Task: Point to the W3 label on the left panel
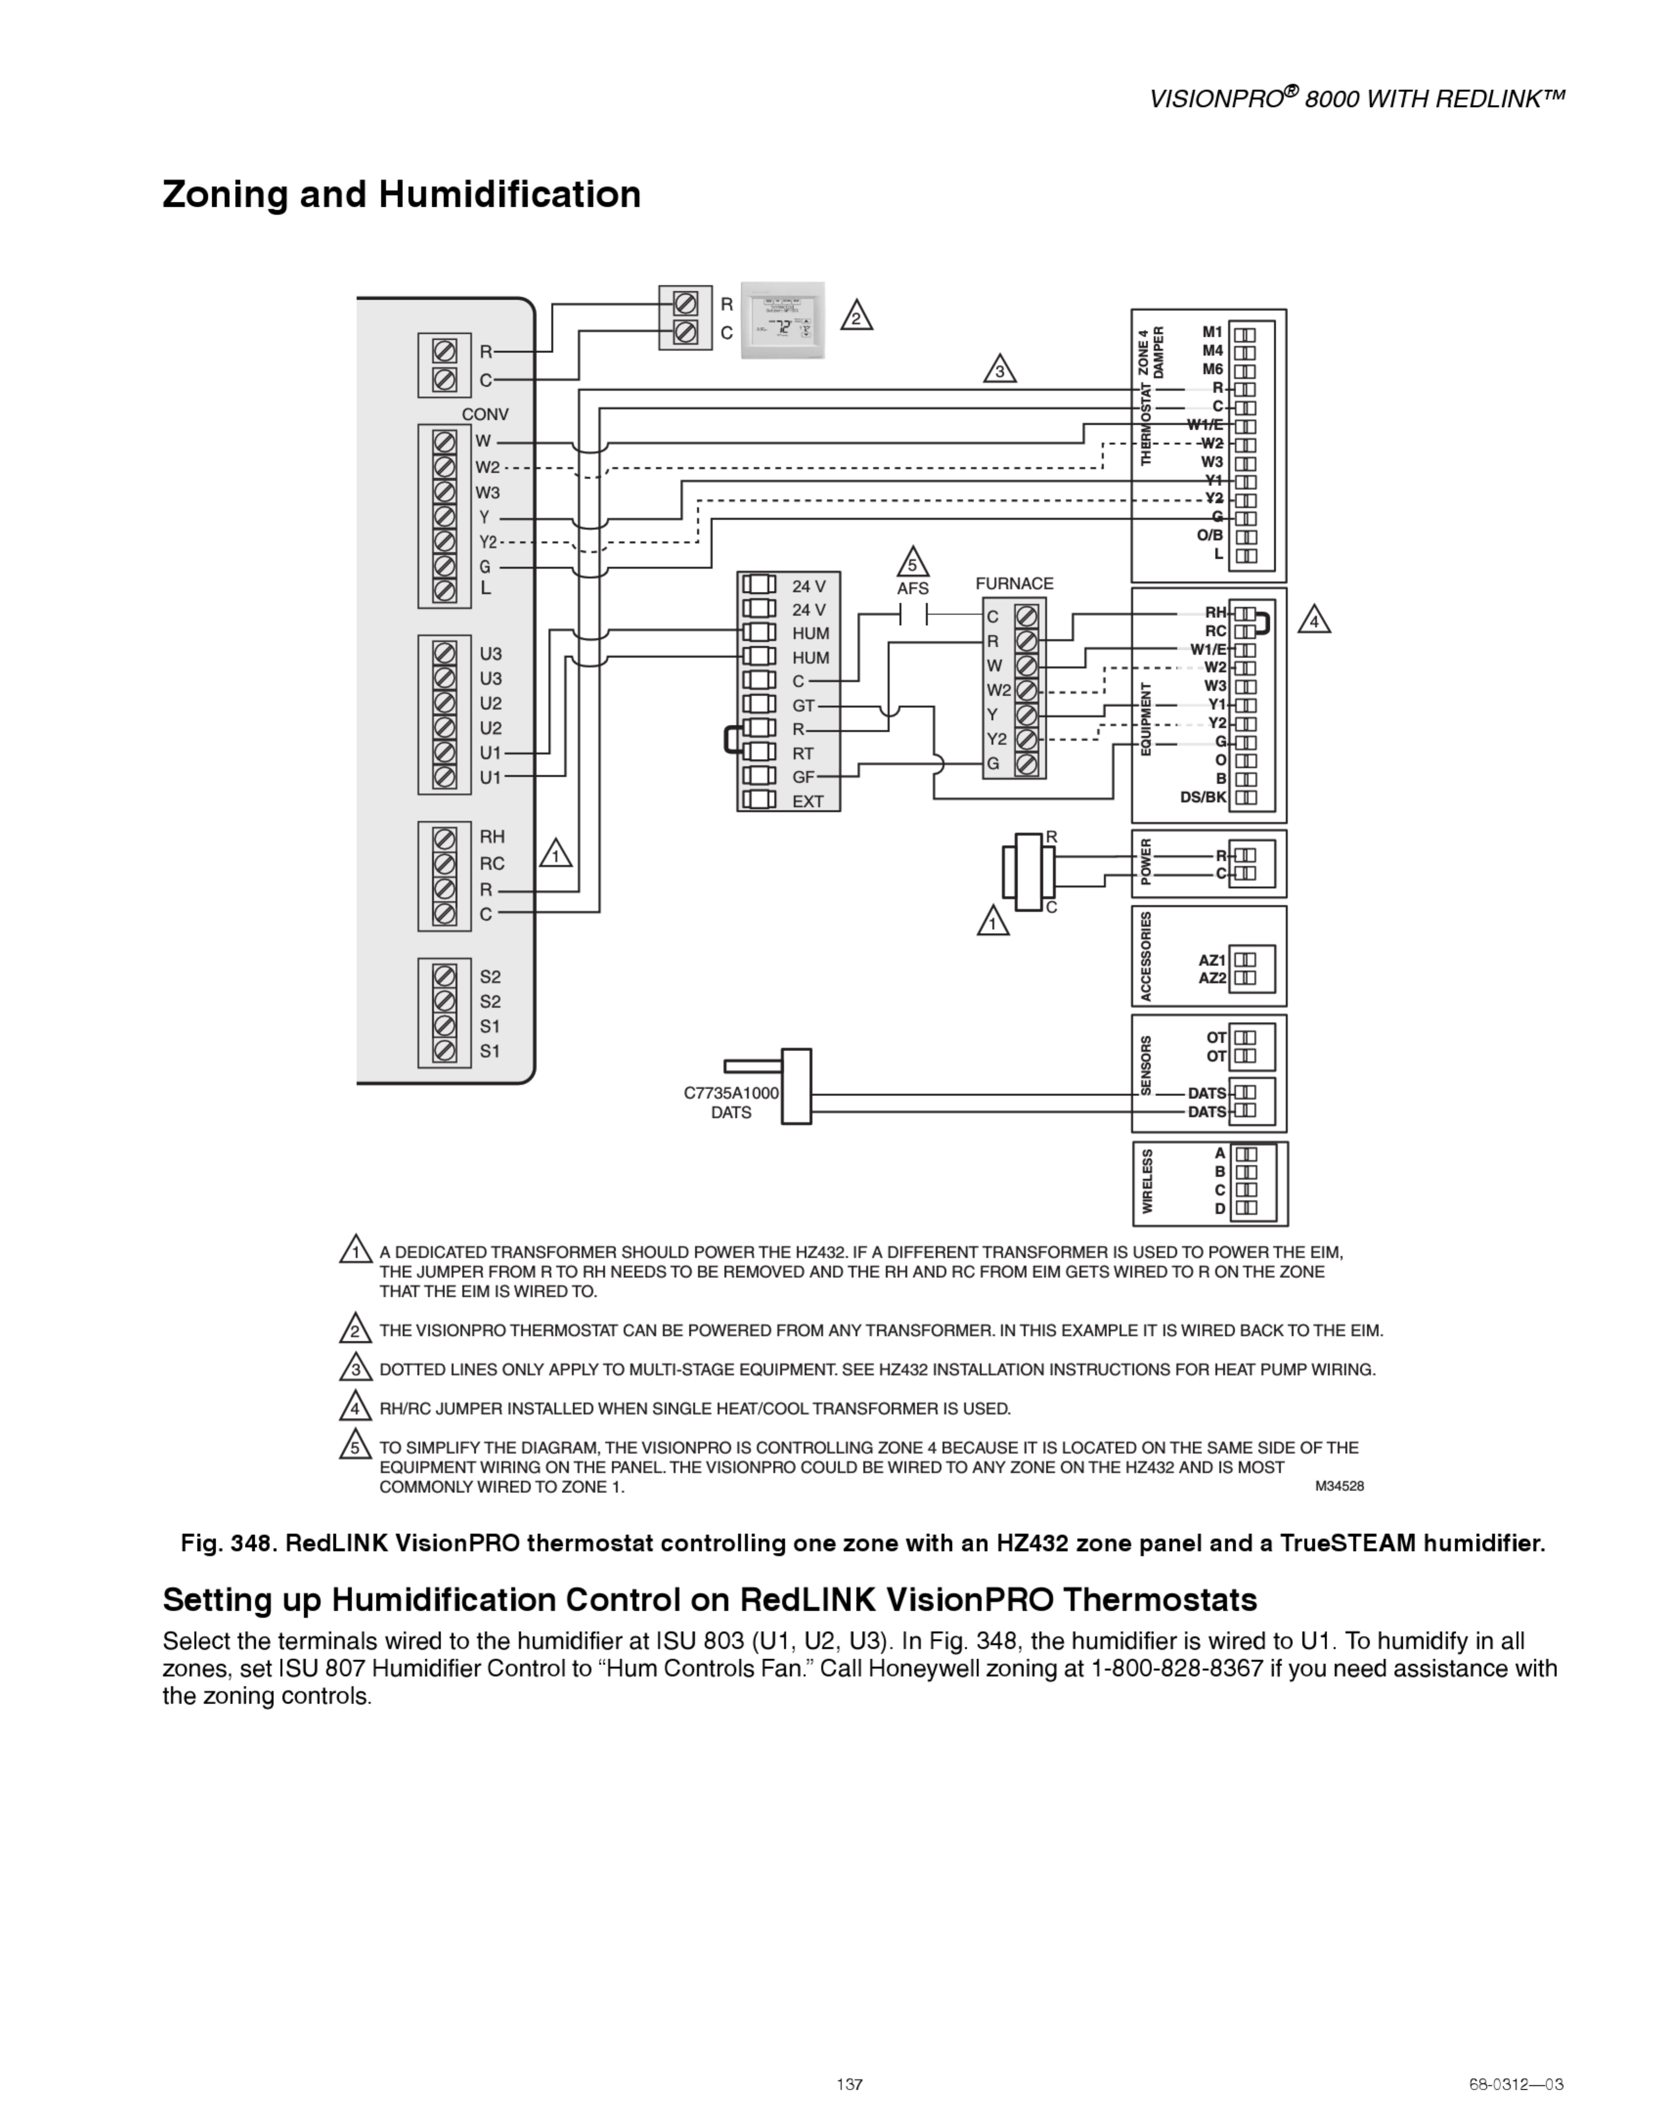487,493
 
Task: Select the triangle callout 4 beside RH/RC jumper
1313,620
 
